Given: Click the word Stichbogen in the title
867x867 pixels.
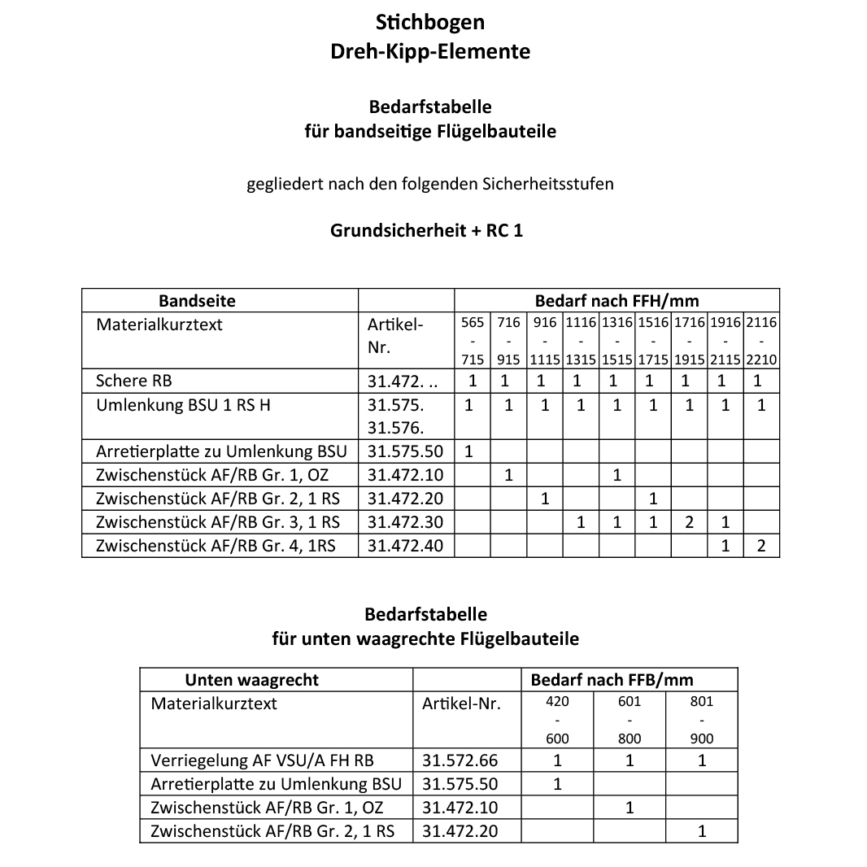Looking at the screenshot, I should (x=430, y=20).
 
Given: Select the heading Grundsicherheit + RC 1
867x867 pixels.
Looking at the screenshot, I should (x=426, y=230).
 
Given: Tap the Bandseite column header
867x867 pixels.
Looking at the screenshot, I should (x=197, y=301).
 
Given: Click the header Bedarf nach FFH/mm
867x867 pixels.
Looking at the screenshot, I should (x=616, y=301).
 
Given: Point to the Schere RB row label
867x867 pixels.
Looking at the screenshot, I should (x=134, y=381).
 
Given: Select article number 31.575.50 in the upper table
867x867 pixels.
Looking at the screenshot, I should (x=406, y=451).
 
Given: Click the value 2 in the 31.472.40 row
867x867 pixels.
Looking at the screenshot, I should (x=760, y=546).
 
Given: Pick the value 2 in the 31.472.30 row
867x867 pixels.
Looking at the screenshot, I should (x=689, y=522).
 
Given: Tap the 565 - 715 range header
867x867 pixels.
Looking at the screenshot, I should (x=473, y=341).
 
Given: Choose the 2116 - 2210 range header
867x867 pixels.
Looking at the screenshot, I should (x=761, y=341).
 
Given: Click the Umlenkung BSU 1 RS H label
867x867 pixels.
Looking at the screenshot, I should (x=183, y=405).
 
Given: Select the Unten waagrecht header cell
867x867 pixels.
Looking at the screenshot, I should (x=252, y=680).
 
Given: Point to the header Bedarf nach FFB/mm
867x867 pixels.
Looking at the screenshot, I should (x=612, y=680).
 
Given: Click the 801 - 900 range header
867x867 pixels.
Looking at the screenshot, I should (x=701, y=720).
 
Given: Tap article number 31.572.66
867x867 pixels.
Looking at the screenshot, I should (x=460, y=761).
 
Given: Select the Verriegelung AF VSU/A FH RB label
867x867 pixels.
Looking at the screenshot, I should (x=263, y=761).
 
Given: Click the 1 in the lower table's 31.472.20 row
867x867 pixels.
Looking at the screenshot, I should (x=702, y=831).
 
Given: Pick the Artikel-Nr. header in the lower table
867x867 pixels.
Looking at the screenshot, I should (x=461, y=704).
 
